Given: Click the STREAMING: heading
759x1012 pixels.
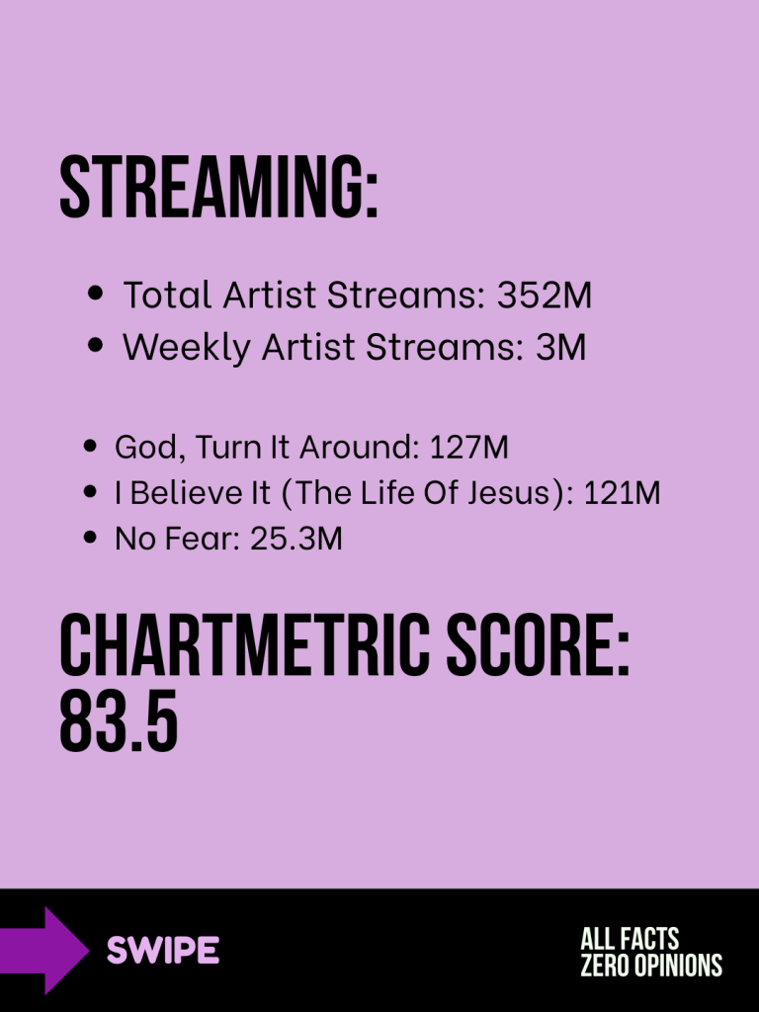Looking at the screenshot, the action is (x=218, y=187).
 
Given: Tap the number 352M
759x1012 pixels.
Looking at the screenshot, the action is (x=545, y=295).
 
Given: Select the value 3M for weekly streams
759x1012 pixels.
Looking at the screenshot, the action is (x=561, y=347).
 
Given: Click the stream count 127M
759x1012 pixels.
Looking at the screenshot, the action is (x=468, y=447).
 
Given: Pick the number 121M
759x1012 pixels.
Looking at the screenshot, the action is (x=622, y=493).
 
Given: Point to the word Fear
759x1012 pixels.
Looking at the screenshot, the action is (x=202, y=539).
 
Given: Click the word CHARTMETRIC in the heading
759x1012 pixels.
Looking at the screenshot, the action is (x=245, y=644).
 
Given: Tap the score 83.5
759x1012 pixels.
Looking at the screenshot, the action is (x=119, y=720).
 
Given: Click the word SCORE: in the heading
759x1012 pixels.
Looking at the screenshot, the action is (x=538, y=644).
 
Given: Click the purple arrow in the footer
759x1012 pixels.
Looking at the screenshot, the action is (x=43, y=950).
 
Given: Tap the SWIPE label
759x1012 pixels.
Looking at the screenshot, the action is (x=163, y=950).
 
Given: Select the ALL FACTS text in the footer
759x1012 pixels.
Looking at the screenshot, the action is (x=630, y=939).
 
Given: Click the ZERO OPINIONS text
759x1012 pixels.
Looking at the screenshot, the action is (x=651, y=966).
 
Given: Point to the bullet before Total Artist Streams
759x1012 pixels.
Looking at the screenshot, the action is (x=95, y=293).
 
